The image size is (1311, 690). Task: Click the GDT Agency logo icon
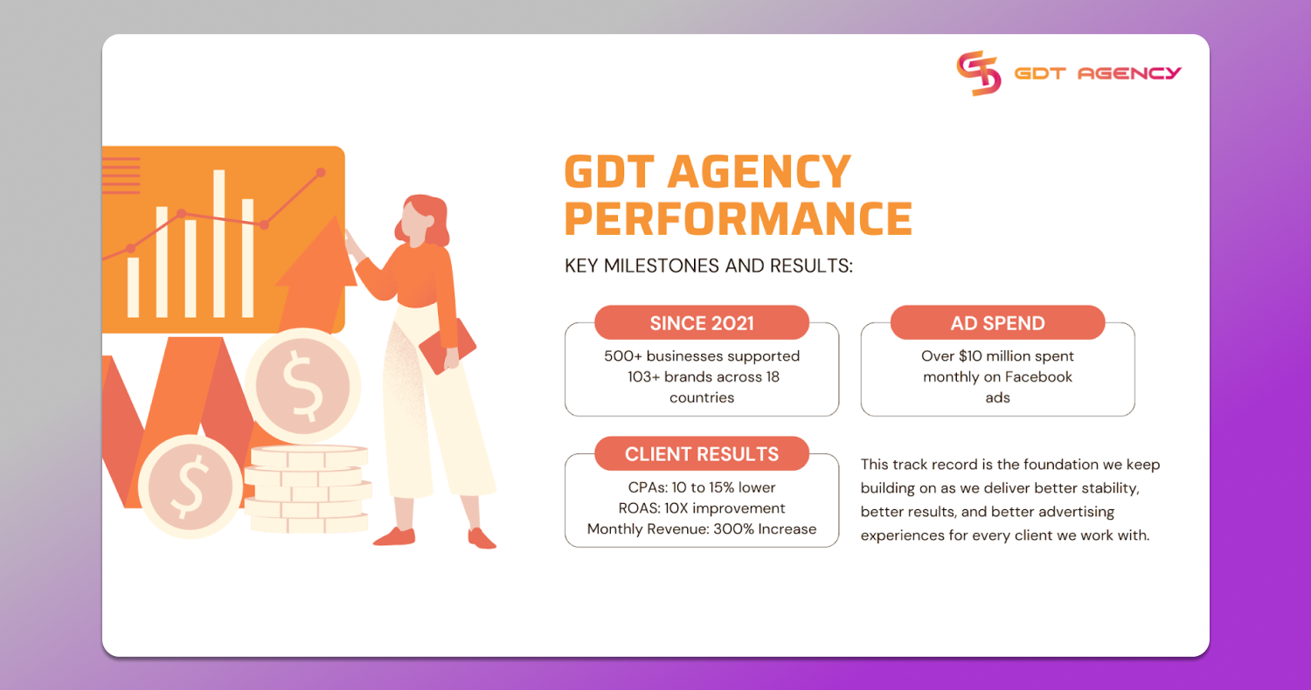point(978,73)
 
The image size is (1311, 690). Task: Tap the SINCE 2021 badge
point(702,323)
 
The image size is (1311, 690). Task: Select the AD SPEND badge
point(997,323)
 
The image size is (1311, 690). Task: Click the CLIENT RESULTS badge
point(702,454)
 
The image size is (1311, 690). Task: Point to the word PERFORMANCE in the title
point(739,218)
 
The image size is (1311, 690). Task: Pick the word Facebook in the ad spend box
point(1038,377)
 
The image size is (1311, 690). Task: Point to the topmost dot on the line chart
point(321,173)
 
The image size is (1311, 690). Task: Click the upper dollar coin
point(302,385)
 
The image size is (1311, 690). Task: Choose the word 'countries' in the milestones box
point(702,398)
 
